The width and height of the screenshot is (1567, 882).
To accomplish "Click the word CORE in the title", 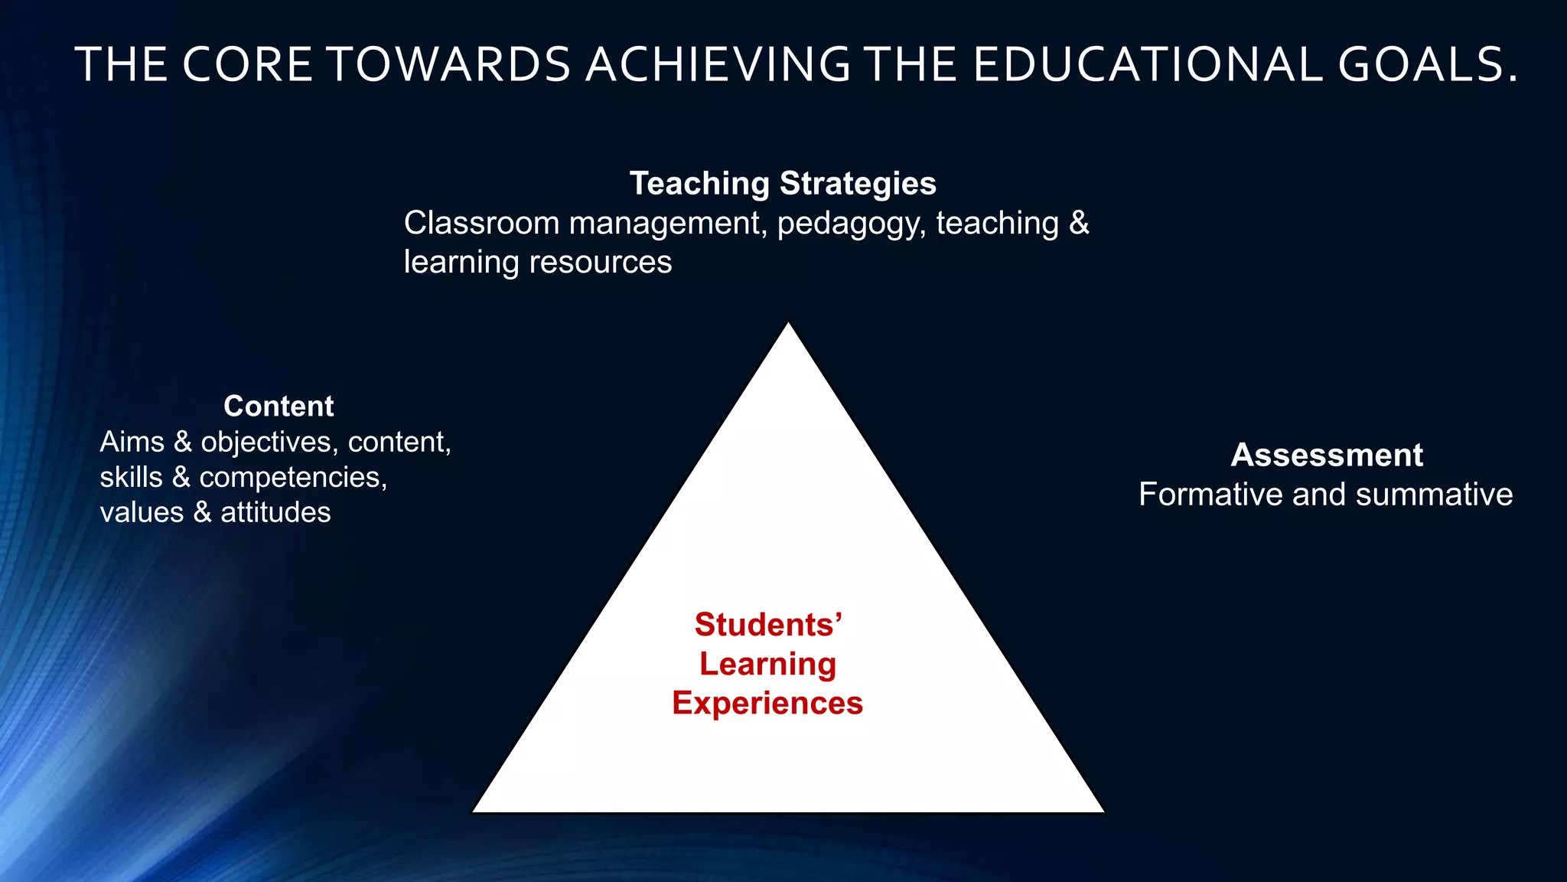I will (x=247, y=64).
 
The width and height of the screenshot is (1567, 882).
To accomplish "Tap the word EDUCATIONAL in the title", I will (x=1148, y=64).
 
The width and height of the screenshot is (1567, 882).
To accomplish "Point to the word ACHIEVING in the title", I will (x=718, y=64).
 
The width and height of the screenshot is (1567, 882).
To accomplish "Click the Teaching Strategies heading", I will (x=783, y=184).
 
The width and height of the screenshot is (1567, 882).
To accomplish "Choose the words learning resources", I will (x=538, y=263).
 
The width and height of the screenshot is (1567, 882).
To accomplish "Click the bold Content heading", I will (x=279, y=406).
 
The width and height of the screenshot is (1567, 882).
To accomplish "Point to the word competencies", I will (x=292, y=478).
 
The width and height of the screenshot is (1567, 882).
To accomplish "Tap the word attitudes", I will (x=275, y=512).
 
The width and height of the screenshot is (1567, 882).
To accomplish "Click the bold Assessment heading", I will (x=1327, y=455).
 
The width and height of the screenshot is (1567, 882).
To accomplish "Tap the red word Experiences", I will (x=767, y=703).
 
